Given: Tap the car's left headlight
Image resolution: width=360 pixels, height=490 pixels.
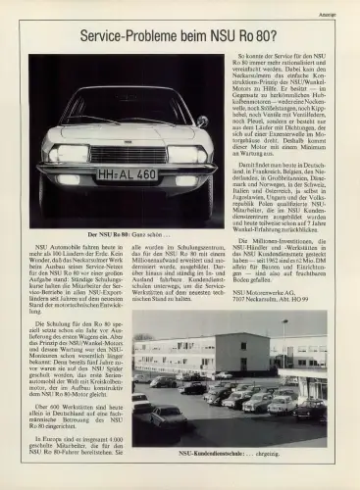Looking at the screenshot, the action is [71, 155].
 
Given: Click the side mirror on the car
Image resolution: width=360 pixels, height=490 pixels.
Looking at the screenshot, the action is [203, 122].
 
